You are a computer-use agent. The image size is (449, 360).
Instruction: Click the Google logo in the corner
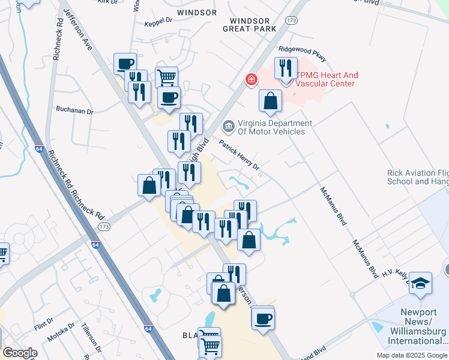[20, 353]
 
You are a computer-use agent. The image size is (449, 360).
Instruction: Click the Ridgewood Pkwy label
[303, 54]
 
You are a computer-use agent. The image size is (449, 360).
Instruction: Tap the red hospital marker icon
[250, 79]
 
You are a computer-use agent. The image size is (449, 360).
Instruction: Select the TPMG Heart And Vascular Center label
[327, 79]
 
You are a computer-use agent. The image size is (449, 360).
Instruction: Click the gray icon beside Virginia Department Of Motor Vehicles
[228, 126]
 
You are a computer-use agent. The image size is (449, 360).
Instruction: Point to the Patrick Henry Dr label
[239, 155]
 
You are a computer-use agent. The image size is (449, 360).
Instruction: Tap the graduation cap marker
[420, 282]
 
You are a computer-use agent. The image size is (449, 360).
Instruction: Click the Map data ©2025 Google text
[411, 355]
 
